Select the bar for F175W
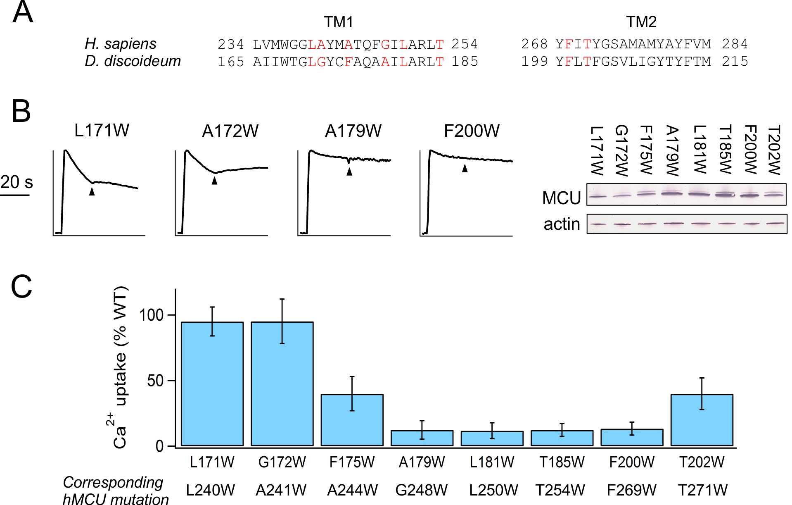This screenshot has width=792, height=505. [352, 420]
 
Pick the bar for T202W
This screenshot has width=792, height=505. [702, 420]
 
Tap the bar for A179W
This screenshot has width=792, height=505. [422, 438]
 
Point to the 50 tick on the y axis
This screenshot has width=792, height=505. [173, 380]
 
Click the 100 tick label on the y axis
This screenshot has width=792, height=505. [152, 315]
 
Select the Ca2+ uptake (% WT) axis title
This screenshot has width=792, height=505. [120, 368]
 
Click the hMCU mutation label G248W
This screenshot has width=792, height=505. [421, 490]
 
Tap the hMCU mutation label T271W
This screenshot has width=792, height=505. [702, 490]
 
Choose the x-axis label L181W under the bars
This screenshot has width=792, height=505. [492, 462]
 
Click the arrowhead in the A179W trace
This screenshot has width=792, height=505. [349, 172]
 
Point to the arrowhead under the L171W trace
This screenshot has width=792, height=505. [92, 192]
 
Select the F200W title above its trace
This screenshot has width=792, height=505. [472, 131]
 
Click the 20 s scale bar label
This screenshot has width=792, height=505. [17, 182]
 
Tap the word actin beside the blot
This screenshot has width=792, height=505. [562, 224]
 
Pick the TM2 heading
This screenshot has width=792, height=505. [641, 22]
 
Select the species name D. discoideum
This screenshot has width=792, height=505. [133, 61]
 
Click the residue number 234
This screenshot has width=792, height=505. [230, 44]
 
